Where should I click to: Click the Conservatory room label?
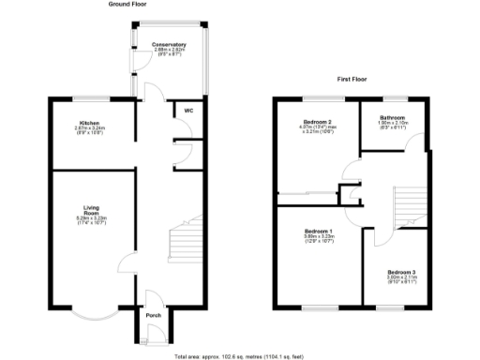169,44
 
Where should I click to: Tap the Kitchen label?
89,123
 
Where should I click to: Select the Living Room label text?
91,212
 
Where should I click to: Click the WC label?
187,111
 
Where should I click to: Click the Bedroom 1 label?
318,231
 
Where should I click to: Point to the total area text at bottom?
239,356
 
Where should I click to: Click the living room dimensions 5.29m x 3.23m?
91,223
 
